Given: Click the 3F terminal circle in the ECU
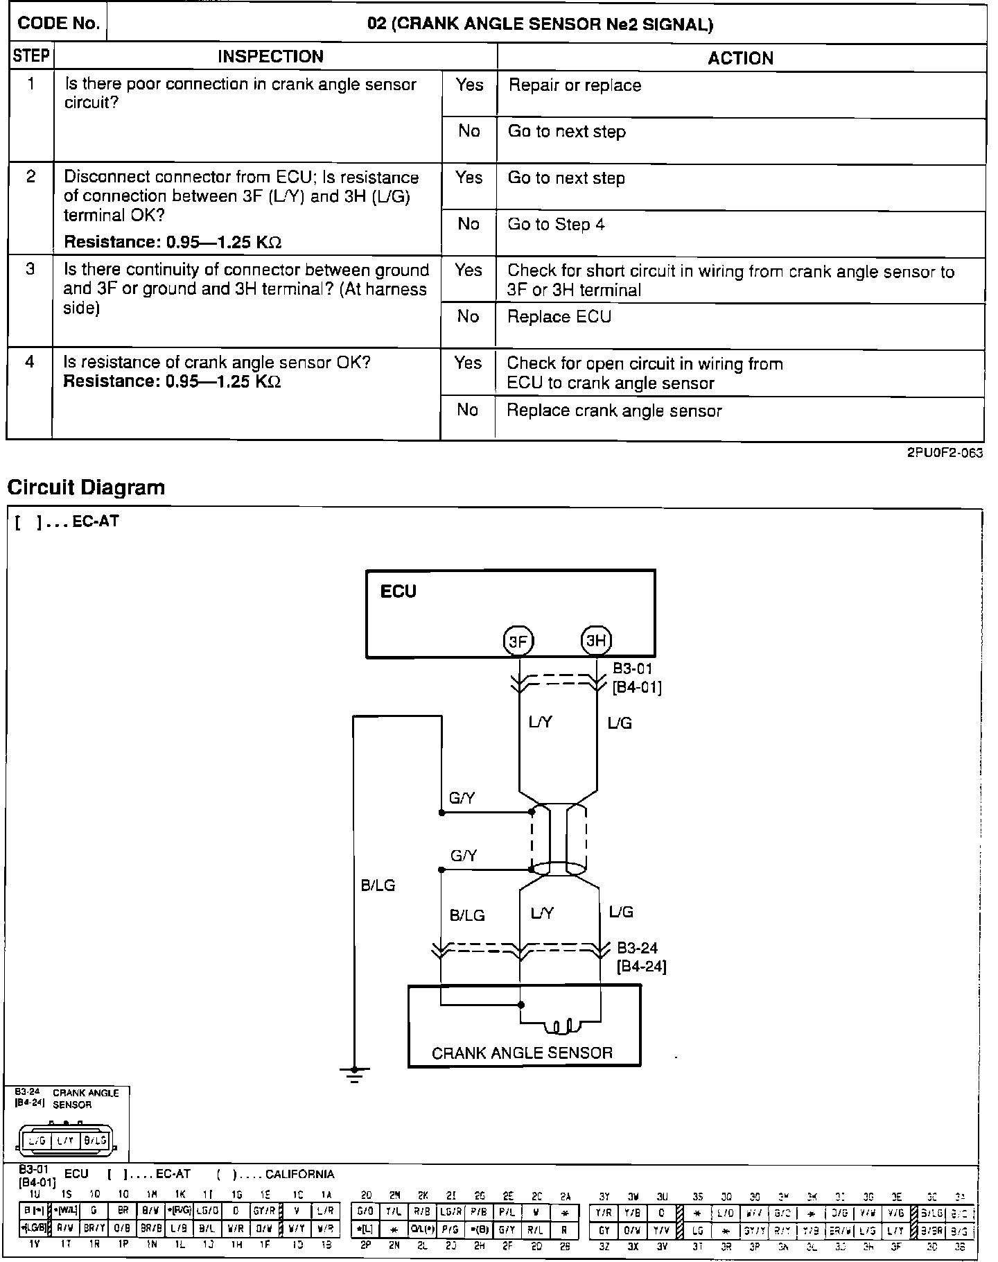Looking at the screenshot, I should (x=518, y=641).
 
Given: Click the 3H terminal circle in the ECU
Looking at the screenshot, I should (x=596, y=641).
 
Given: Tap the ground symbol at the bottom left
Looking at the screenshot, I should (x=355, y=1074).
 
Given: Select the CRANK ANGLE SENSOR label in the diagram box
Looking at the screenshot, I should (x=522, y=1053).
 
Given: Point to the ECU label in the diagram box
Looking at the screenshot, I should (x=399, y=591).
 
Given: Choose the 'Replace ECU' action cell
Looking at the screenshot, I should (x=559, y=317).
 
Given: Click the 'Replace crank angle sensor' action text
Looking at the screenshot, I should (x=614, y=410).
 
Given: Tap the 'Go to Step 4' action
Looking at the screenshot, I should (x=556, y=225).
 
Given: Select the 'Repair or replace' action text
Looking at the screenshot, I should (x=575, y=85).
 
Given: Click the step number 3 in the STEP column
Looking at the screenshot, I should (x=30, y=269).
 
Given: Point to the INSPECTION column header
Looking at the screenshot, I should (x=270, y=57).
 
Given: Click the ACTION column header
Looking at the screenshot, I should (x=740, y=58).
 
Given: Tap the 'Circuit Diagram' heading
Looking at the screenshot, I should (x=86, y=487).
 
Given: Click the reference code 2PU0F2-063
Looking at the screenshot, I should (x=945, y=453).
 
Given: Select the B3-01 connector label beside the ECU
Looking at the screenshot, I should (x=633, y=670).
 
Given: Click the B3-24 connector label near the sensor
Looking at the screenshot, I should (x=637, y=948).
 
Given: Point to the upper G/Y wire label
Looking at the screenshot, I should (x=462, y=798).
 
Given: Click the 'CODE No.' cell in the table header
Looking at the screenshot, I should (x=58, y=24).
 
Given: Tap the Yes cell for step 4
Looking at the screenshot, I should (x=468, y=363).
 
